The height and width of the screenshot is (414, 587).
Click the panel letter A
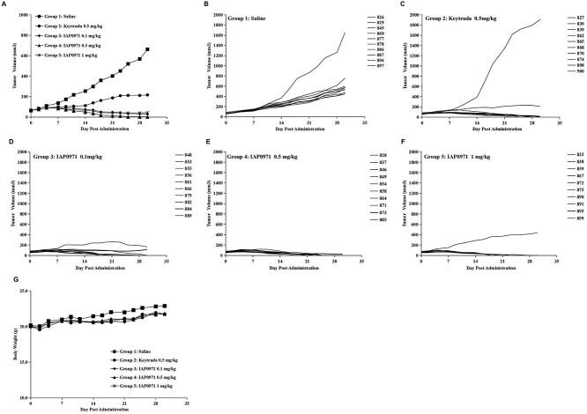[4, 5]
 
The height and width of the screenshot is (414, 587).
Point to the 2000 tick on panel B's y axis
[218, 15]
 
